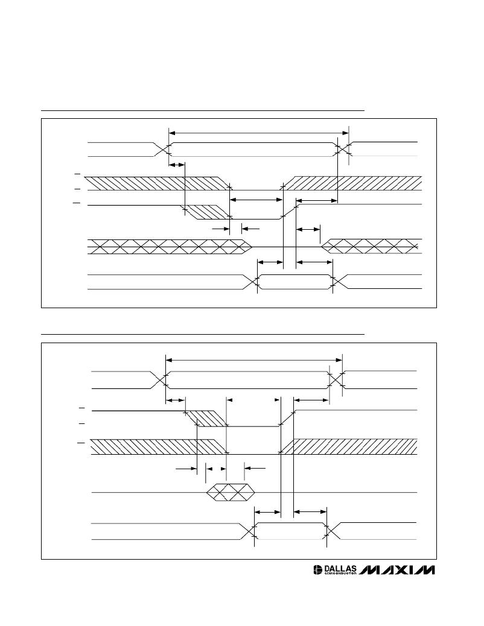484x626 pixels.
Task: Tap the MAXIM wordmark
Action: (x=397, y=570)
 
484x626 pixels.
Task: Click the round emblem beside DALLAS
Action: (x=318, y=570)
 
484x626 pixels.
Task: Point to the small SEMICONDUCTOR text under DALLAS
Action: (x=340, y=574)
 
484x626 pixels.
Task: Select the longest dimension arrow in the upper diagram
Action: (x=258, y=133)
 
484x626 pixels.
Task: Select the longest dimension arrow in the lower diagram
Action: (x=254, y=360)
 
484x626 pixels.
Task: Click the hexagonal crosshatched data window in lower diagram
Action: (x=231, y=493)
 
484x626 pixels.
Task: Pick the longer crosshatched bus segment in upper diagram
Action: (x=170, y=247)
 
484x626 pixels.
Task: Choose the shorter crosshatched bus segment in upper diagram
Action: (x=372, y=246)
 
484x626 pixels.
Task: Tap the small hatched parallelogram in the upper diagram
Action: (x=205, y=212)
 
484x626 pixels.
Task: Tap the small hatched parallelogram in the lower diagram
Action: (x=207, y=418)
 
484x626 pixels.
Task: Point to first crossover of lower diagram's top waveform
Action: (x=159, y=380)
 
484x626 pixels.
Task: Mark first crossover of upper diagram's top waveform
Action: (x=162, y=150)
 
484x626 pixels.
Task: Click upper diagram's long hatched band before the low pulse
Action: (x=158, y=183)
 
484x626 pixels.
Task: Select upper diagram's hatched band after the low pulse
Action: (x=352, y=183)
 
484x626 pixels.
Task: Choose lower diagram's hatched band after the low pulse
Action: (x=348, y=446)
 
